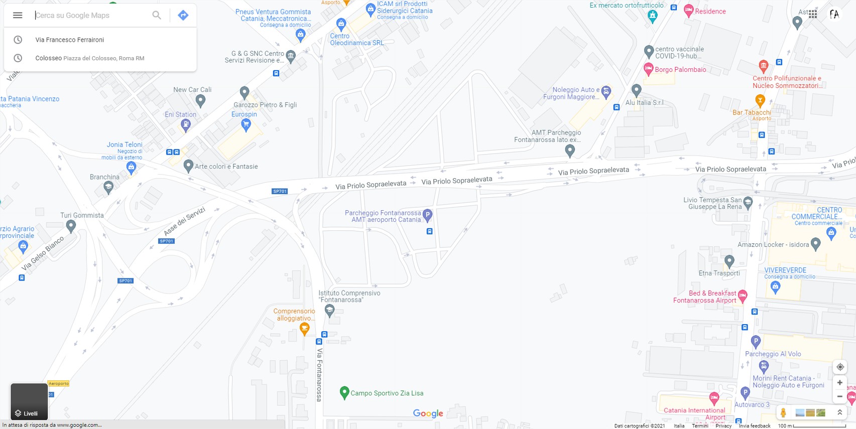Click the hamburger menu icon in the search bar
click(18, 15)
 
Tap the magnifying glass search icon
click(157, 15)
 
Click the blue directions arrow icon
click(183, 15)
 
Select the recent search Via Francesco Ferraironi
click(70, 40)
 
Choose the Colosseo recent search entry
click(49, 58)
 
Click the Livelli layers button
click(29, 401)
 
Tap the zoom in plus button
click(839, 383)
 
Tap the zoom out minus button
click(839, 396)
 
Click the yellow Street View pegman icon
click(783, 412)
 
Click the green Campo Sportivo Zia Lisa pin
click(344, 392)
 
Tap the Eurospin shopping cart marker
click(246, 125)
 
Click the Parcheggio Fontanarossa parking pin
click(427, 215)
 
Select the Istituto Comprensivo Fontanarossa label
click(349, 296)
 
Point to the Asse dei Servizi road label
click(184, 221)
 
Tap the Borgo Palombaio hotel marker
click(648, 69)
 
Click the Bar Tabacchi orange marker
click(760, 100)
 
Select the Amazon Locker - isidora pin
click(816, 244)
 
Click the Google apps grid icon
click(813, 14)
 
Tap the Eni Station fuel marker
click(186, 125)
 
